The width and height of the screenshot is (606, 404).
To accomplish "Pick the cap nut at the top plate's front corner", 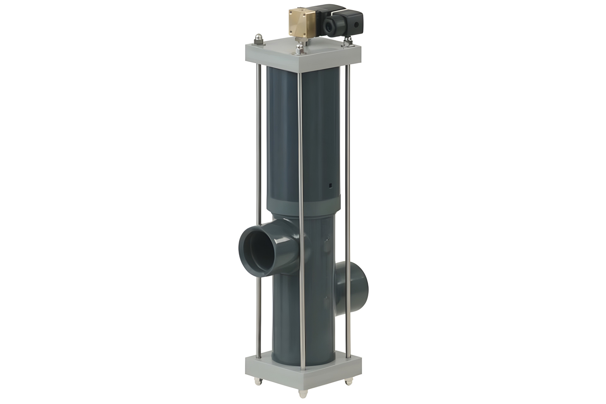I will coord(299,49).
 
